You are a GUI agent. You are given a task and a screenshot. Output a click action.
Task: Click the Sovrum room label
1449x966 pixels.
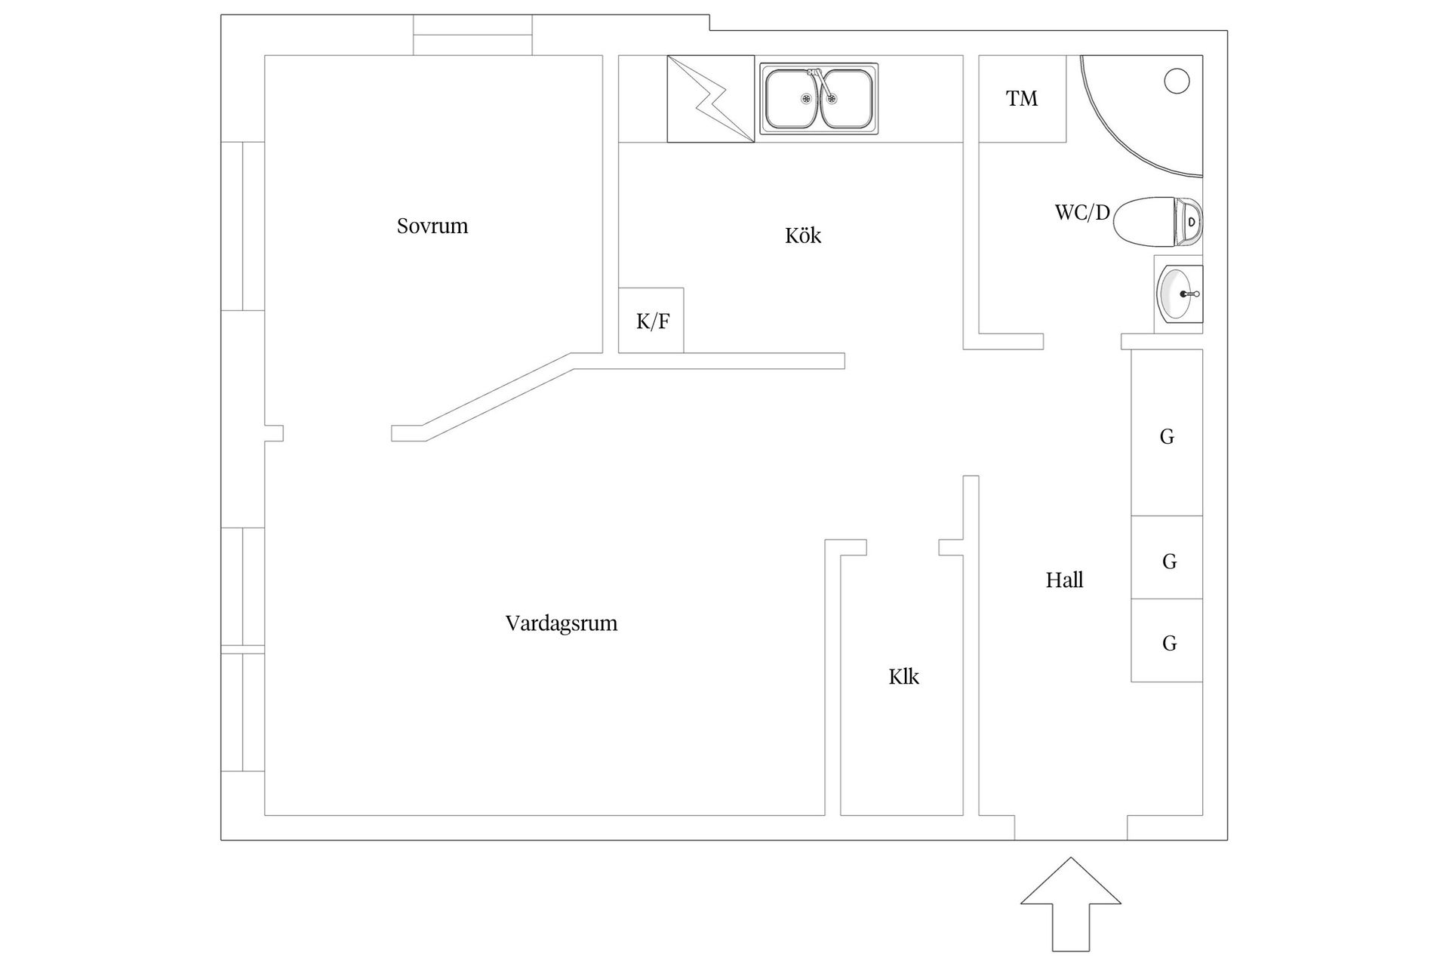(432, 226)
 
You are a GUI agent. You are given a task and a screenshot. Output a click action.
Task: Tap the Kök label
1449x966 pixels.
(802, 235)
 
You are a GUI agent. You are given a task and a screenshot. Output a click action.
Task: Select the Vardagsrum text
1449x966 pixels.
(561, 623)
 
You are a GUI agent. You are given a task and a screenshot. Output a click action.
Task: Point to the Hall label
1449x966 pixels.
(1064, 580)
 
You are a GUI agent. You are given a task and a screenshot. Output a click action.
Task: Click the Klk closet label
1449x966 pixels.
(903, 677)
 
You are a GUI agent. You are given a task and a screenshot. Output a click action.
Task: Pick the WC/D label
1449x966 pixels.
(1082, 213)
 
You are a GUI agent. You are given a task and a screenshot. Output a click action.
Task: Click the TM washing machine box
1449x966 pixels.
(1022, 99)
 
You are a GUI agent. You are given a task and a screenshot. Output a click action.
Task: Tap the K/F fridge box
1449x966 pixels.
(651, 321)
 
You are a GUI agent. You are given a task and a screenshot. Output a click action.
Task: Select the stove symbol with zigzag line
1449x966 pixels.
(710, 99)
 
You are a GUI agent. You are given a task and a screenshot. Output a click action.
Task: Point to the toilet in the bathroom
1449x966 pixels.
(1155, 222)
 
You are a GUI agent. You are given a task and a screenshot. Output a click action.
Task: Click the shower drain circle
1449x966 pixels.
(1177, 81)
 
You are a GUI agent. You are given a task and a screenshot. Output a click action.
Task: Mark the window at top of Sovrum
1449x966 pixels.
(472, 35)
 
